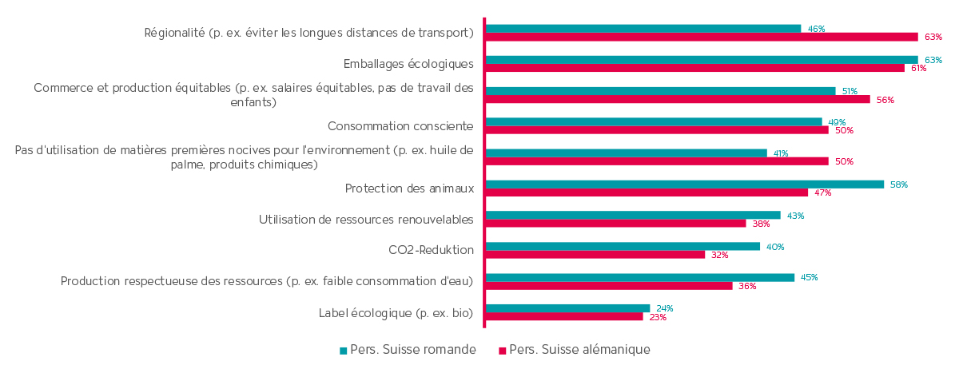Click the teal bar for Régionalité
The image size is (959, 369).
point(643,29)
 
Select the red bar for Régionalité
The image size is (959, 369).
point(702,37)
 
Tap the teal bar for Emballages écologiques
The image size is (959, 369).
point(702,60)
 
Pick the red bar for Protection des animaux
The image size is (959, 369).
point(647,192)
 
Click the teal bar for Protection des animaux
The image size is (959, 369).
point(684,184)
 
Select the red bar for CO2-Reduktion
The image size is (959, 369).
point(595,255)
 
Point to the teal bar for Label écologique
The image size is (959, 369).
point(567,308)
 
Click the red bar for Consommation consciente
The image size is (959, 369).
point(657,130)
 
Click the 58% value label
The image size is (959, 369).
point(898,184)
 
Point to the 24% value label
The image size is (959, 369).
point(664,308)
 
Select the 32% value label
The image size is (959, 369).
point(719,255)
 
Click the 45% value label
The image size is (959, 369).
point(809,278)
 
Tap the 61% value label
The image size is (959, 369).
point(918,68)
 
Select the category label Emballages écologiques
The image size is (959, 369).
point(408,64)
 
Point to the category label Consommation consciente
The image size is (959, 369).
point(400,126)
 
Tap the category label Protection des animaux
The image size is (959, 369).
point(409,188)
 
